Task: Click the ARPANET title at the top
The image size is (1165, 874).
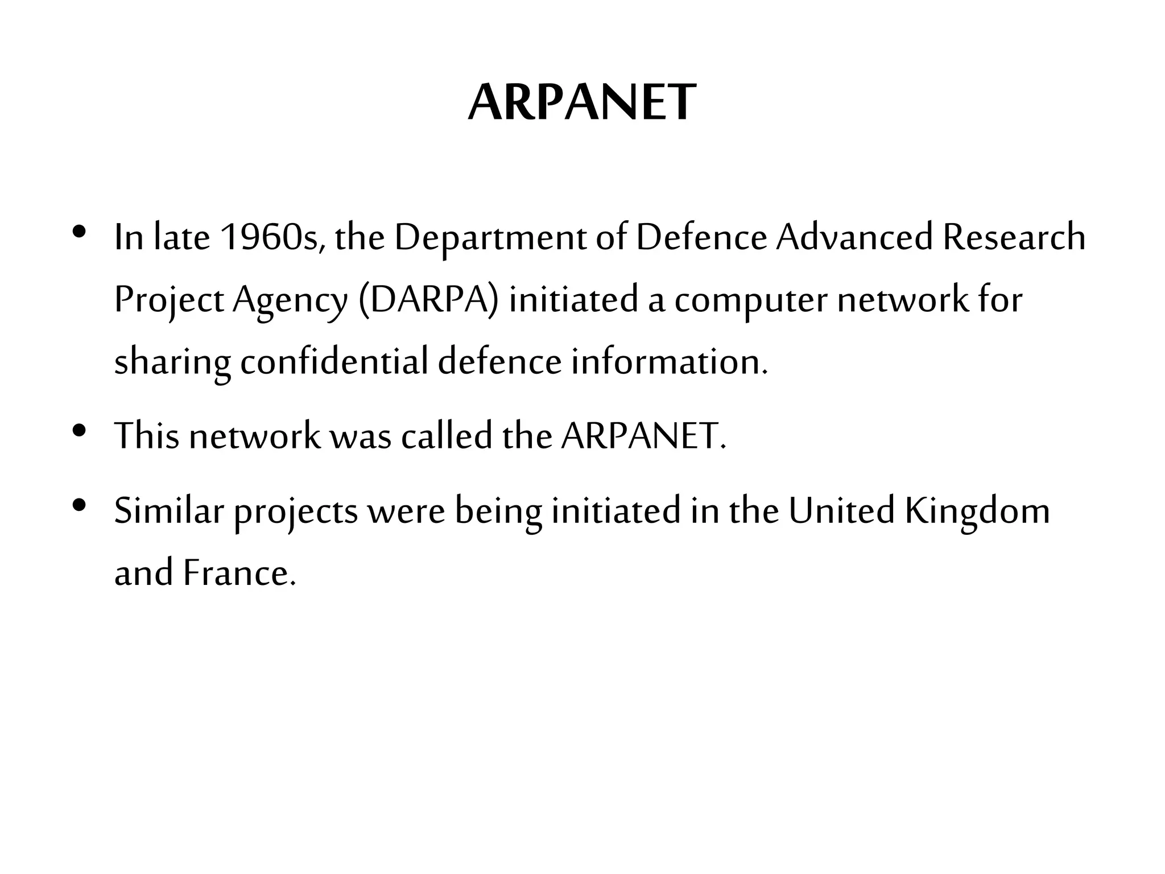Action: click(x=581, y=103)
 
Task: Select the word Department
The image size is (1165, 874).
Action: click(x=490, y=238)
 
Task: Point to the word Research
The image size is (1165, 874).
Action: click(x=1014, y=237)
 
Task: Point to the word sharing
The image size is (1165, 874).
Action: click(x=172, y=363)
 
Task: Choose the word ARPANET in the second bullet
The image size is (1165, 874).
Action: click(x=643, y=436)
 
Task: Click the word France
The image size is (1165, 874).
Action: click(x=239, y=573)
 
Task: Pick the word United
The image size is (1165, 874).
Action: click(x=841, y=510)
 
